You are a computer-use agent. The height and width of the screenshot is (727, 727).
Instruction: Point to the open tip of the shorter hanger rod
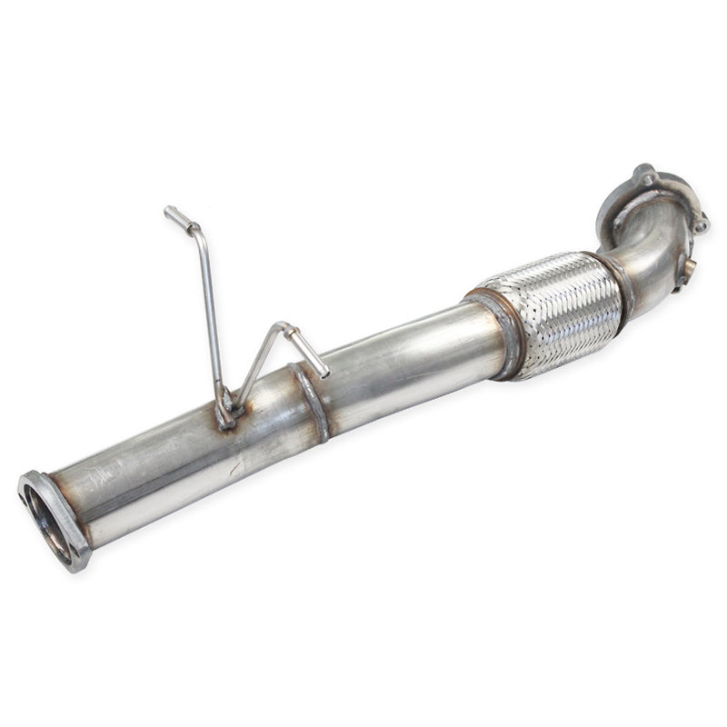(x=323, y=371)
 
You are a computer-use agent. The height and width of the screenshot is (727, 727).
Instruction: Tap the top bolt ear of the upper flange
(x=646, y=173)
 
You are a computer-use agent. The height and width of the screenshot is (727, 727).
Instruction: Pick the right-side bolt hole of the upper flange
(x=702, y=221)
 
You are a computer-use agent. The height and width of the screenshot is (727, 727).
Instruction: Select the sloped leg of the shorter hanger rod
(x=259, y=363)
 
